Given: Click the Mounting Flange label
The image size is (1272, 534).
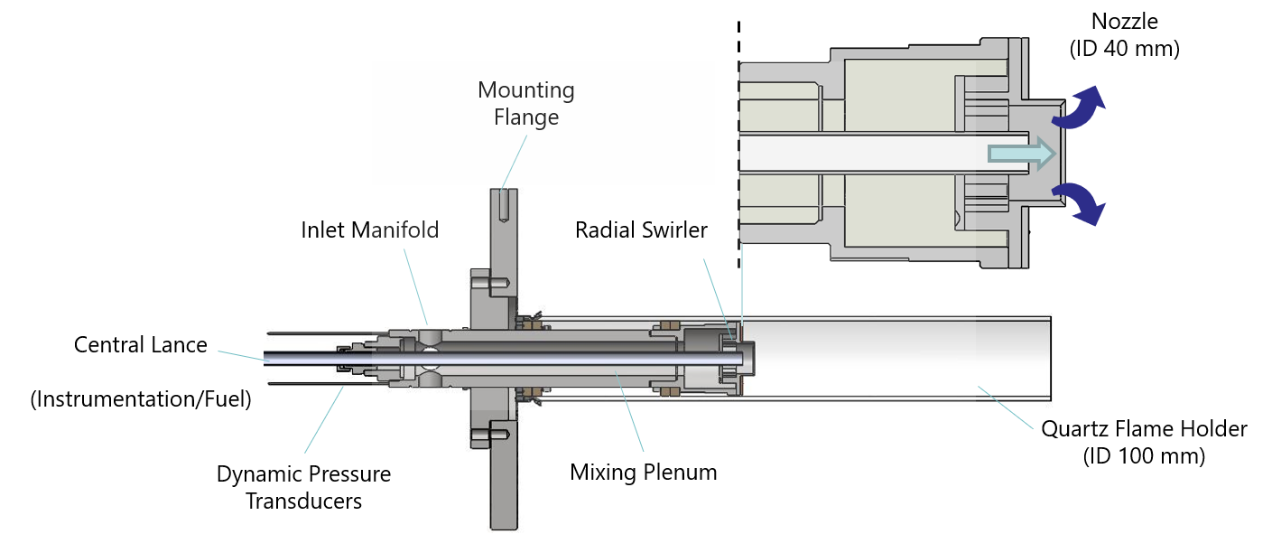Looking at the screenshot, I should [x=526, y=104].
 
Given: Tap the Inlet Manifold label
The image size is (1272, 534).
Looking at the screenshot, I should [x=370, y=230].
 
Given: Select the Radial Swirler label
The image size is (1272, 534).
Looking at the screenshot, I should [x=641, y=230].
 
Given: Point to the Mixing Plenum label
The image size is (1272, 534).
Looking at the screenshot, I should [x=644, y=472].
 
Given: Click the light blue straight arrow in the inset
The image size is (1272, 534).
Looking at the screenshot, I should [x=1021, y=155].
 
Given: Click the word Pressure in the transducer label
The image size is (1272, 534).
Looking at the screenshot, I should [x=350, y=474].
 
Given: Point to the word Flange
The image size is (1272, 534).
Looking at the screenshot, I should [x=526, y=117].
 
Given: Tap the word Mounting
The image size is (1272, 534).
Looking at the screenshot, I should [x=526, y=90].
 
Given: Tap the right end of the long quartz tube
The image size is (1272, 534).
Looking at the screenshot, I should [x=1050, y=358].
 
